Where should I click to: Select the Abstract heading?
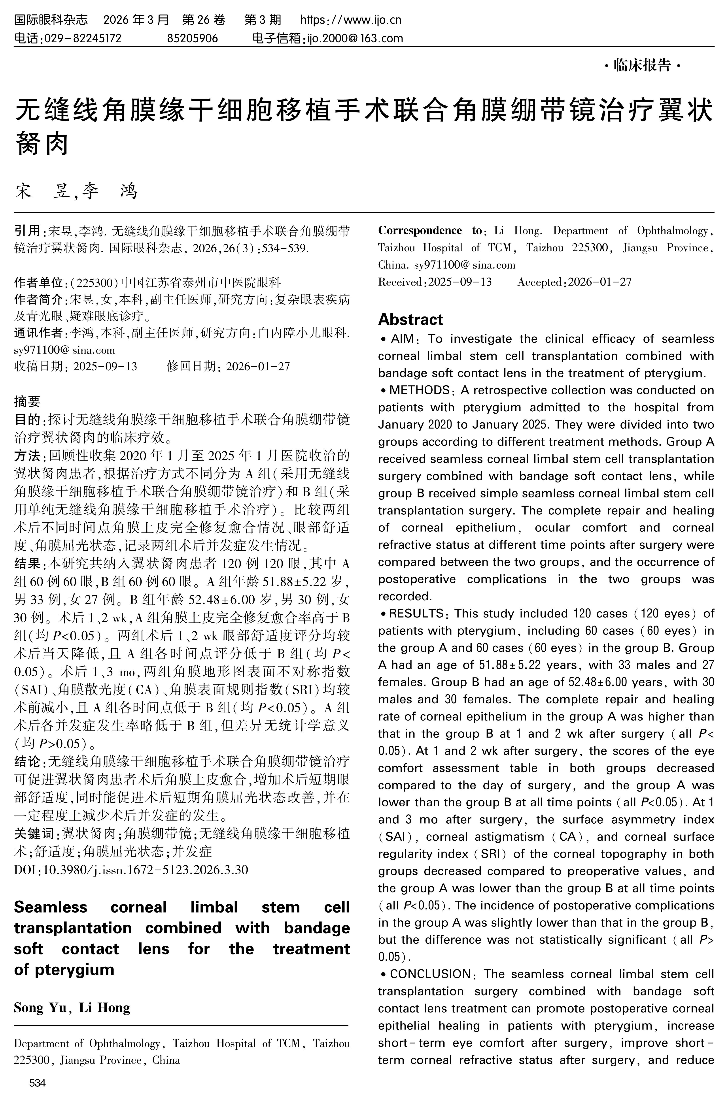pyautogui.click(x=410, y=320)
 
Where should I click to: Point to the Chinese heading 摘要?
pyautogui.click(x=27, y=401)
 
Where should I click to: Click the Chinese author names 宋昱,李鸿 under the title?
pyautogui.click(x=77, y=191)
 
